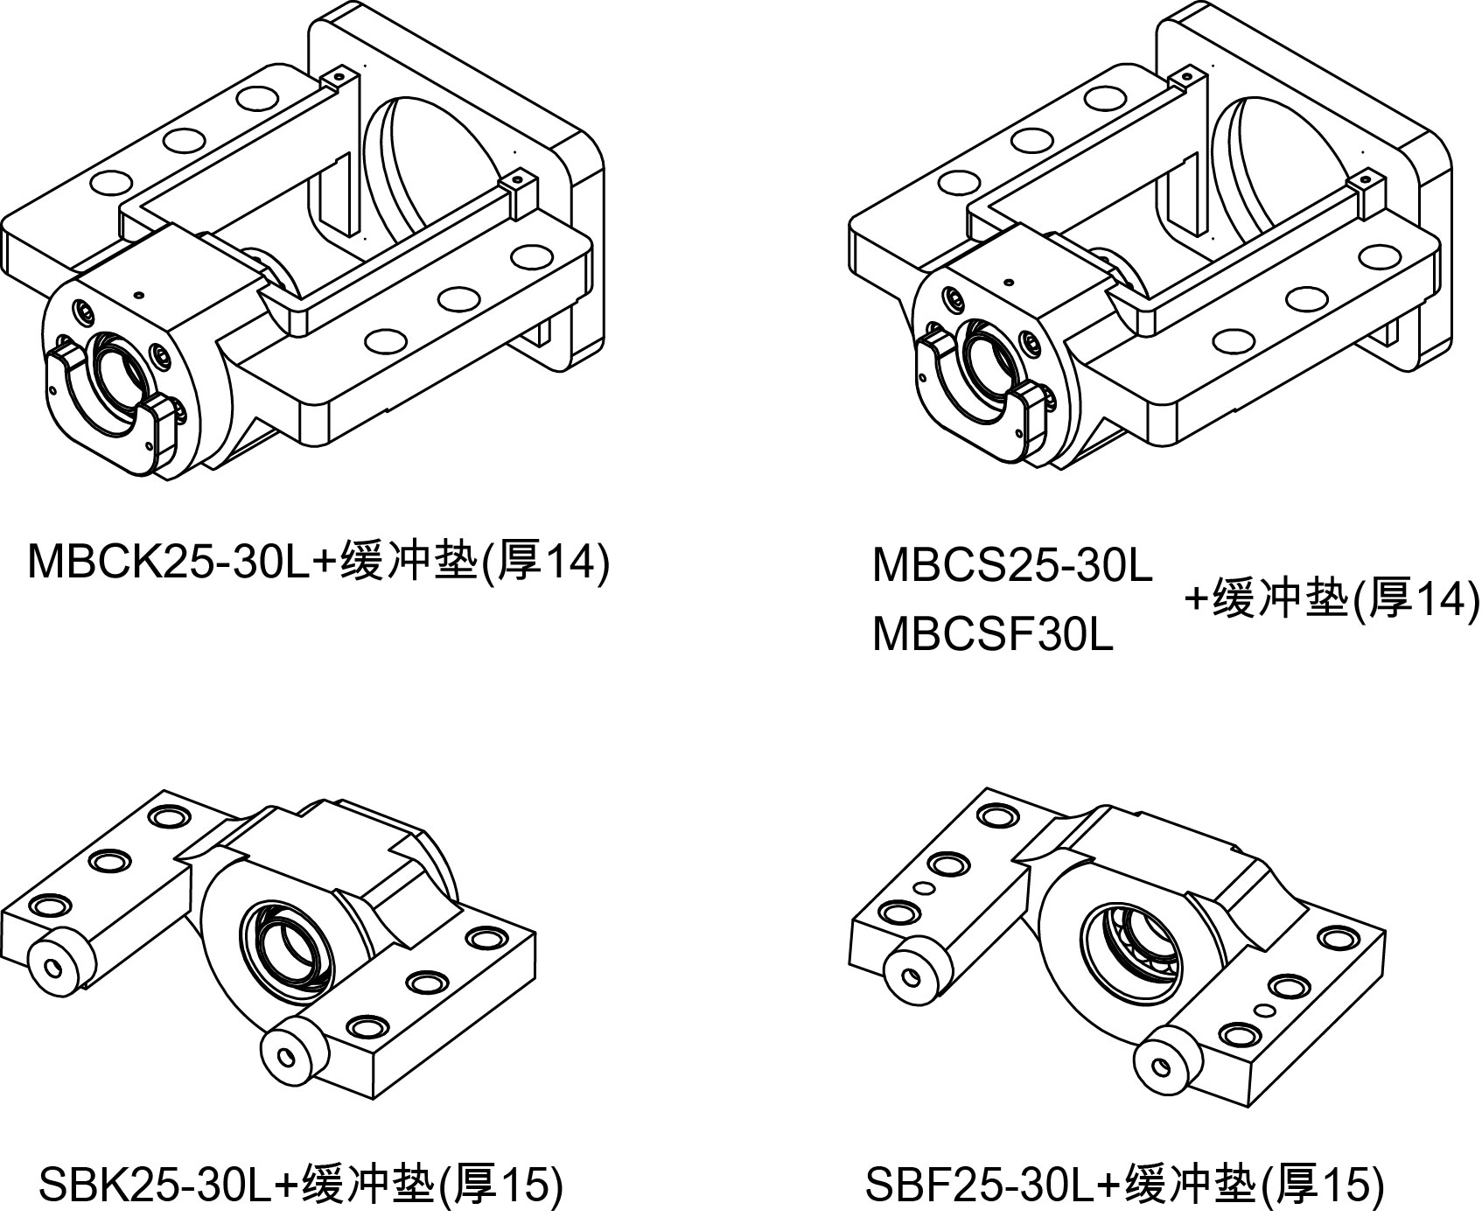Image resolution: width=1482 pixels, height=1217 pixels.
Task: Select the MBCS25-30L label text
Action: click(x=1012, y=566)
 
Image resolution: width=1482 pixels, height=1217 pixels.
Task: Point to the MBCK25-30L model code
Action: click(x=169, y=561)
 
